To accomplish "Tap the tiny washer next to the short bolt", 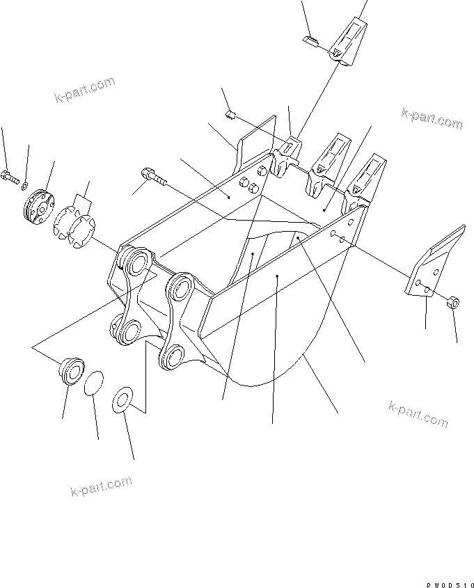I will coord(25,184).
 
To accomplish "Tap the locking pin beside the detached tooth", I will coord(311,41).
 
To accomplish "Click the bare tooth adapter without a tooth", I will coord(286,157).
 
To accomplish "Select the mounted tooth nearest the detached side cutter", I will coord(366,177).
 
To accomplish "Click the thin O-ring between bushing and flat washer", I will coord(95,383).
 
